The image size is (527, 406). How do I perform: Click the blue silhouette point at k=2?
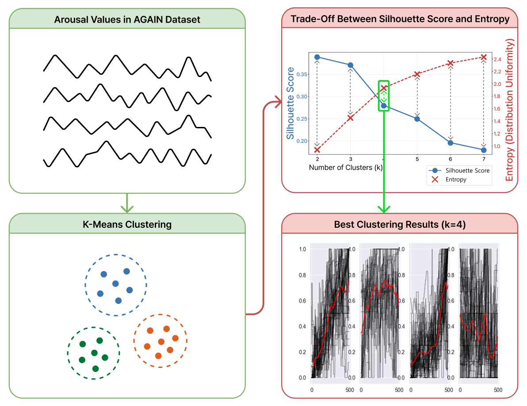click(x=317, y=57)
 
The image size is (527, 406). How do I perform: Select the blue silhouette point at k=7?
click(x=484, y=150)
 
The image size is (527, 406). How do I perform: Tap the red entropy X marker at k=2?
click(x=317, y=149)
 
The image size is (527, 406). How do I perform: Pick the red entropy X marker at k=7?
click(x=484, y=57)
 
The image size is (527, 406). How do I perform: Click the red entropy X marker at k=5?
click(x=417, y=74)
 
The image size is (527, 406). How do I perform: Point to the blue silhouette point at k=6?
click(x=451, y=143)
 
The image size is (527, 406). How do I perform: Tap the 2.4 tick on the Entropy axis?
click(x=497, y=59)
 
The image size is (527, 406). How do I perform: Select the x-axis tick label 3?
click(x=350, y=158)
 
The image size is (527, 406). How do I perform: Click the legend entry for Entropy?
click(x=456, y=179)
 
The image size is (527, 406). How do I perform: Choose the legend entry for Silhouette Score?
click(x=467, y=170)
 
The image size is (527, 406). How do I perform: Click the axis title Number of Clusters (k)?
click(x=345, y=168)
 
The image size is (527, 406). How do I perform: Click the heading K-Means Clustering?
click(x=127, y=224)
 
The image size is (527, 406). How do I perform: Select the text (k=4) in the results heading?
click(x=454, y=224)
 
